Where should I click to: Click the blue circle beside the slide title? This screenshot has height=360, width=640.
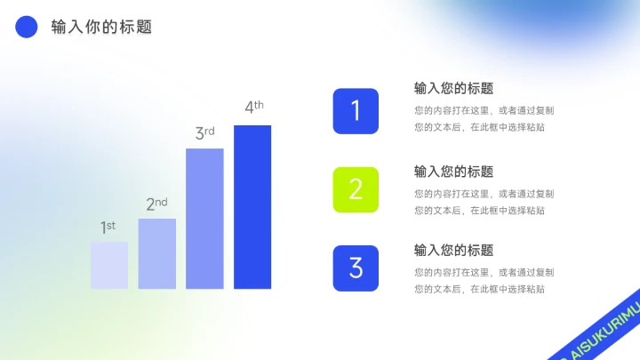pos(27,28)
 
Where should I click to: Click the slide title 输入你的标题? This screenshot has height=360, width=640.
pos(101,28)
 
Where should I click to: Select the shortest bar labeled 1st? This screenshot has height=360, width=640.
pos(109,265)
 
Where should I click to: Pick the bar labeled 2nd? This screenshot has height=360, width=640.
pos(157,253)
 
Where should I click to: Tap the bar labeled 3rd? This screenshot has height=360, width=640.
pos(204,219)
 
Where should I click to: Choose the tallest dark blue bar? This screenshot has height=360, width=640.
pos(252,207)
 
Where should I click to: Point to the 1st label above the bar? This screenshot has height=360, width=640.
pos(108,228)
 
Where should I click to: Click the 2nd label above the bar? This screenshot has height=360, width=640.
pos(156,204)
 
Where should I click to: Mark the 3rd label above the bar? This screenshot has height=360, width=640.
pos(204,133)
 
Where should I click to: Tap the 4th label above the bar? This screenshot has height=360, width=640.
pos(253,108)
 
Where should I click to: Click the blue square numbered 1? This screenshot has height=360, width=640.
pos(356,111)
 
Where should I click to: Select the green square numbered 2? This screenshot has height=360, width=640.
pos(356,189)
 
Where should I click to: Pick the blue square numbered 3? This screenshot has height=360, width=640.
pos(356,268)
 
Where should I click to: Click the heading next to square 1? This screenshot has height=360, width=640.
pos(453,89)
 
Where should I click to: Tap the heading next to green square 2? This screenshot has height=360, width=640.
pos(453,172)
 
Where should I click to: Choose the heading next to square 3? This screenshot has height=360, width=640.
pos(453,251)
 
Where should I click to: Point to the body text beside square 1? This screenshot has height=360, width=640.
pos(484,119)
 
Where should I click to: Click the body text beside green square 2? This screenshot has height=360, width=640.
pos(484,202)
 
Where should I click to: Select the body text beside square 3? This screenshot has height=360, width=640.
pos(484,280)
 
